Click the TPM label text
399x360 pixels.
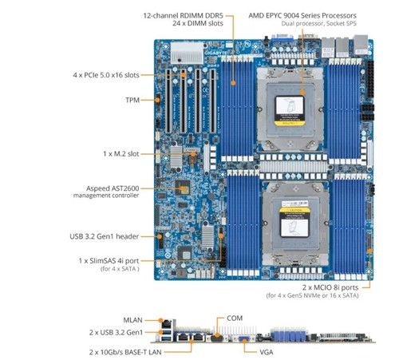click(x=132, y=100)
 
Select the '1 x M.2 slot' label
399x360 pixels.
click(x=121, y=154)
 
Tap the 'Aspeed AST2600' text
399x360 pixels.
click(x=113, y=188)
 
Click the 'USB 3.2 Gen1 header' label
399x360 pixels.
click(x=104, y=236)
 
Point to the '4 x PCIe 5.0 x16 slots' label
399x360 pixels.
click(x=106, y=75)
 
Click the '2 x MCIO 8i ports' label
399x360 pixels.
click(x=330, y=287)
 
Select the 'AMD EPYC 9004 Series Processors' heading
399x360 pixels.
click(x=302, y=15)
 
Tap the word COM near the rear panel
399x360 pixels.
click(x=235, y=318)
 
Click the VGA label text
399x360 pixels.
click(x=267, y=352)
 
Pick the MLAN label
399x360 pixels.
click(x=132, y=320)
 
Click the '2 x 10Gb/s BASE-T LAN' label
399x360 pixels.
click(x=125, y=352)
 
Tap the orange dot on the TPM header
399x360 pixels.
click(x=157, y=100)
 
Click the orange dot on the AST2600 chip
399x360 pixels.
click(x=183, y=188)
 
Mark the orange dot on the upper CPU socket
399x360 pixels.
click(x=302, y=93)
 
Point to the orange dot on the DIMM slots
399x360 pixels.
click(x=233, y=83)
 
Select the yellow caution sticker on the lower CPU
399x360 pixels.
click(x=294, y=210)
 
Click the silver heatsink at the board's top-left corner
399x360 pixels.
click(x=187, y=53)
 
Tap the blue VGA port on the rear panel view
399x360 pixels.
click(x=243, y=338)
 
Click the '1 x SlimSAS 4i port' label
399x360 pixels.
click(x=109, y=261)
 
